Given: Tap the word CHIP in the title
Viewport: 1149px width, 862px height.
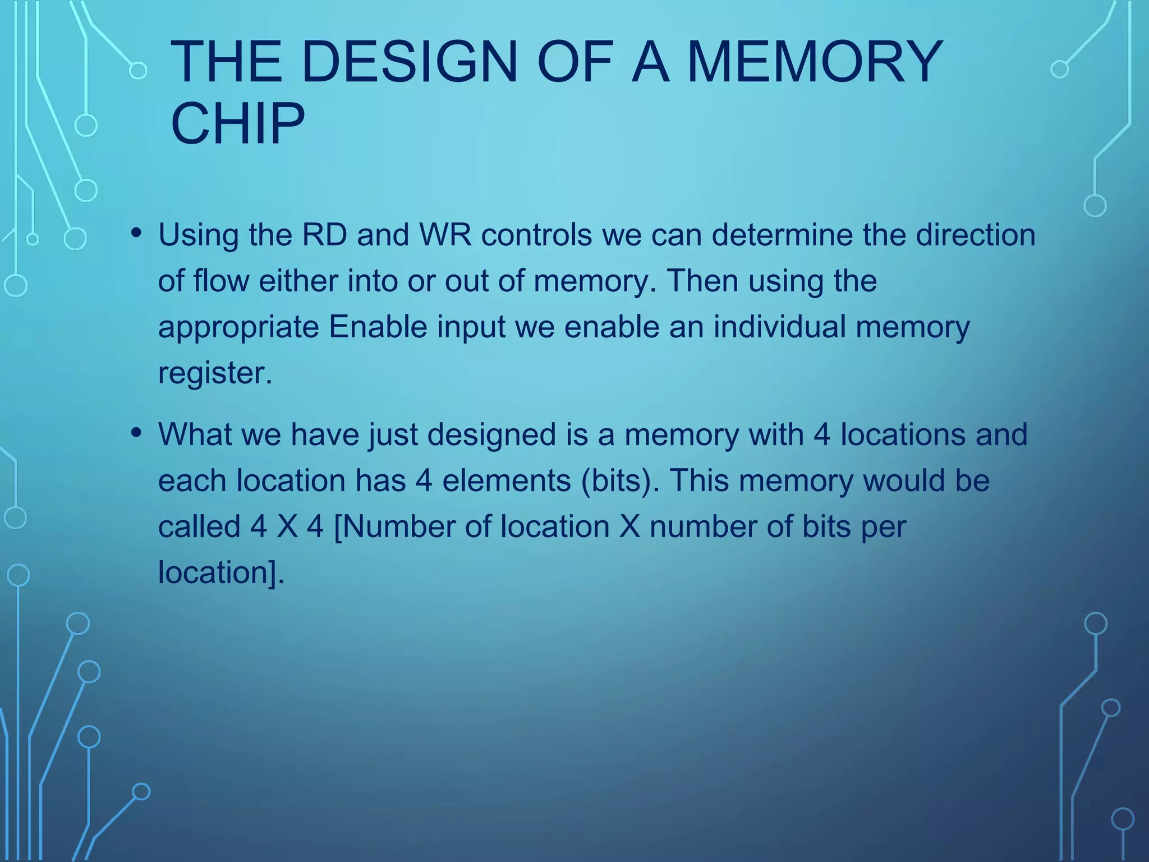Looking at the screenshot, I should click(x=237, y=123).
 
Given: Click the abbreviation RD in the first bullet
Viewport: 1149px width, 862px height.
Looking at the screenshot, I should click(x=324, y=235).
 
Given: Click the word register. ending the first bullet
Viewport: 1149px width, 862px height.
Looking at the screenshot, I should click(x=215, y=373).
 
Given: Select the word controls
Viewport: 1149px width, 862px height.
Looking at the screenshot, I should click(x=536, y=235).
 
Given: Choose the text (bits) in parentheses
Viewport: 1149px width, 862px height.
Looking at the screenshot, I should click(x=621, y=481).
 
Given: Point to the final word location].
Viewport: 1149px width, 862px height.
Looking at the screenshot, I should click(x=221, y=573).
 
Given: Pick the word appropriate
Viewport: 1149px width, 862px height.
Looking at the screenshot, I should click(x=238, y=328).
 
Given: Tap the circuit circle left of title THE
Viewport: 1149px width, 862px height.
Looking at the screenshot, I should click(x=137, y=71).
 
